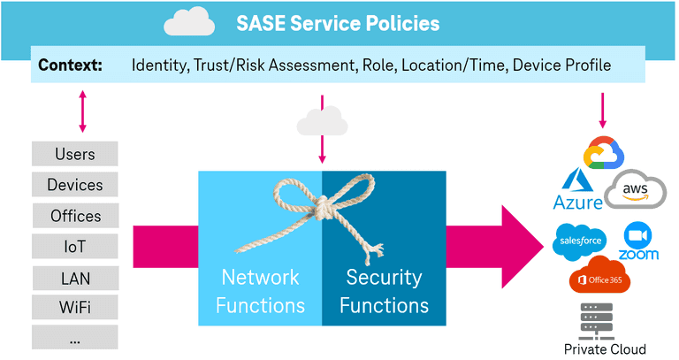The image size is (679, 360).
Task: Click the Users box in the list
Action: (74, 154)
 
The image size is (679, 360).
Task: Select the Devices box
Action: (74, 185)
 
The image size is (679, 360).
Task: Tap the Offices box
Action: (74, 216)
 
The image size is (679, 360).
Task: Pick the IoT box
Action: (74, 246)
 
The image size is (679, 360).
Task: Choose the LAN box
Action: (74, 277)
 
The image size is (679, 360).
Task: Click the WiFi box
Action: (74, 308)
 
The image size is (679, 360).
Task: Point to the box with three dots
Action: (74, 337)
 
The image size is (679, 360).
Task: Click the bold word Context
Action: (70, 65)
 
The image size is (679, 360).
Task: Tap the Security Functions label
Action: (384, 291)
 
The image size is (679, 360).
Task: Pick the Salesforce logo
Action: (579, 241)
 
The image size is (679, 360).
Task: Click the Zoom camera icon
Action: (637, 235)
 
